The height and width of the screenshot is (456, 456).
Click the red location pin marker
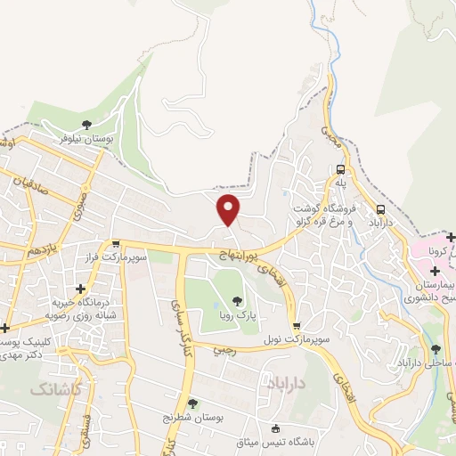pyautogui.click(x=229, y=209)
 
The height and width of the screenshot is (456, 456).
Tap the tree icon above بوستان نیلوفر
pyautogui.click(x=86, y=125)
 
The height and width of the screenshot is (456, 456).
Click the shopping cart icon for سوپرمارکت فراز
pyautogui.click(x=116, y=243)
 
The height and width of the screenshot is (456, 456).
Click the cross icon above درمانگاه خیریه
pyautogui.click(x=81, y=289)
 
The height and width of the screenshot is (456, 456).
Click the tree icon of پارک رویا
pyautogui.click(x=238, y=300)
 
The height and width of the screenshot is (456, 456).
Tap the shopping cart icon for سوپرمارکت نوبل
pyautogui.click(x=296, y=326)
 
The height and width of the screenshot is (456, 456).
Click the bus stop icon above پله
pyautogui.click(x=340, y=168)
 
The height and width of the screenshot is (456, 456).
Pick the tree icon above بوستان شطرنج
pyautogui.click(x=193, y=403)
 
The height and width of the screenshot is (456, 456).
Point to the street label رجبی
pyautogui.click(x=223, y=349)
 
